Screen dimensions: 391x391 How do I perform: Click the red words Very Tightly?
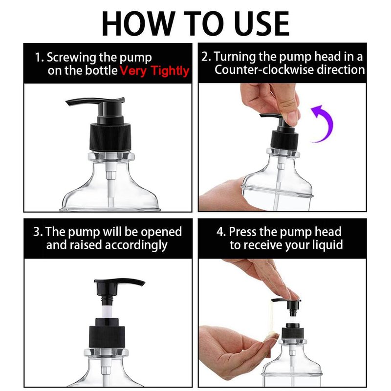[x=154, y=71]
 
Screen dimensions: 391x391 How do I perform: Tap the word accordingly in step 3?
[x=136, y=245]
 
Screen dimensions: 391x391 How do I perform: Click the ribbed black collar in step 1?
[x=110, y=137]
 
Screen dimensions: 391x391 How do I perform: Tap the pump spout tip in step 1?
[x=67, y=103]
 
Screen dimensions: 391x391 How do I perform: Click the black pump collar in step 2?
[x=284, y=140]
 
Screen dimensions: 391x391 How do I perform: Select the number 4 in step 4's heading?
[x=221, y=232]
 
